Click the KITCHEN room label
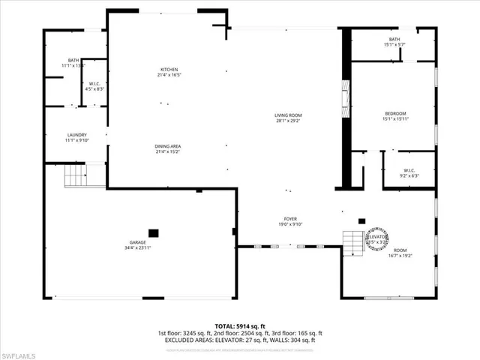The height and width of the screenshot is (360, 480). (x=168, y=69)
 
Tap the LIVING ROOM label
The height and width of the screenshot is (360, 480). (x=288, y=115)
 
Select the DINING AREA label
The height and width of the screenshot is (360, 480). (x=168, y=146)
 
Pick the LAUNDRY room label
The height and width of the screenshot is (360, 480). (x=77, y=135)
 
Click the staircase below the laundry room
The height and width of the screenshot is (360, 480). (x=75, y=176)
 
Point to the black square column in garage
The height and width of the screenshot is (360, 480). (x=154, y=232)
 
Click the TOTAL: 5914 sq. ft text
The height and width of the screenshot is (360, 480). (x=240, y=325)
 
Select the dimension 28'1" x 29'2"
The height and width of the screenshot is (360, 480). (x=288, y=120)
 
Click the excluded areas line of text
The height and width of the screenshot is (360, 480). (x=240, y=340)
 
